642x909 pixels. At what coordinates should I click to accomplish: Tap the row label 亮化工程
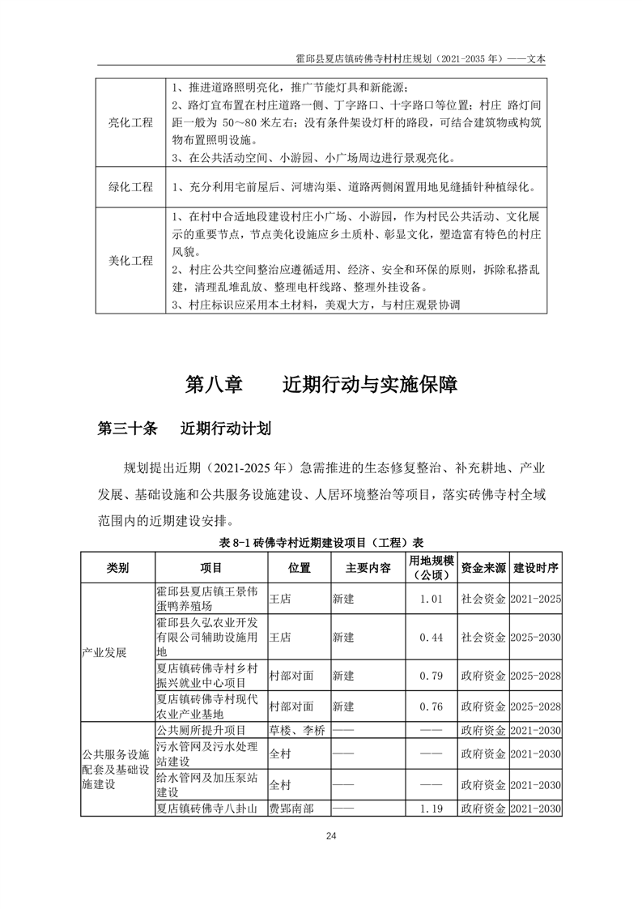click(130, 122)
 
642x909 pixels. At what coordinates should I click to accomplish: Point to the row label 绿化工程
click(130, 187)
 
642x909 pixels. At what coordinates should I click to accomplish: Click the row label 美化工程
click(130, 261)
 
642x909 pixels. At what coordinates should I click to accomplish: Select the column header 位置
click(299, 568)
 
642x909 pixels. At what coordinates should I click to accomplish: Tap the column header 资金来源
click(483, 568)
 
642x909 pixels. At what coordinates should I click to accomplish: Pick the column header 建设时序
click(536, 568)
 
